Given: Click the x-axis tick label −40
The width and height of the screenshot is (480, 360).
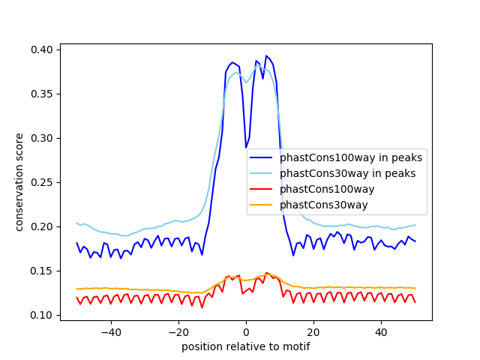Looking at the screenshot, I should (x=110, y=331).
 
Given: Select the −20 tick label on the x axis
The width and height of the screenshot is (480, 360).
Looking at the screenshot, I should (x=178, y=331).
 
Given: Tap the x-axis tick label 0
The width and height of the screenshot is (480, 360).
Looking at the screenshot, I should (x=246, y=331).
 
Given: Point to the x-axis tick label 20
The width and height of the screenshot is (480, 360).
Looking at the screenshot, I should (x=313, y=331).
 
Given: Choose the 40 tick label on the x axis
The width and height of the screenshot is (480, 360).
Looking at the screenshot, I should (x=381, y=331).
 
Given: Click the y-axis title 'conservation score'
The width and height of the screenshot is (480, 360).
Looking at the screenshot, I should (x=20, y=182).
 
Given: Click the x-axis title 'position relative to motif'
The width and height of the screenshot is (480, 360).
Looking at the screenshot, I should (x=246, y=346).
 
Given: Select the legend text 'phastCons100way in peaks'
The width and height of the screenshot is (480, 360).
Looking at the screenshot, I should (x=351, y=158).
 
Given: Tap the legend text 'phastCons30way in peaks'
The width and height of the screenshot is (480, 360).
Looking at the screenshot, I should (x=348, y=174).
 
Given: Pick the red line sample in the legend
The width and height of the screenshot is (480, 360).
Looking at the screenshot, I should (x=262, y=190).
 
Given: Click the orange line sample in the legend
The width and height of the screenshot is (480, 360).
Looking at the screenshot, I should (x=262, y=205).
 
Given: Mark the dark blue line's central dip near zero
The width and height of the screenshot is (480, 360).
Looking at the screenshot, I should (x=246, y=148).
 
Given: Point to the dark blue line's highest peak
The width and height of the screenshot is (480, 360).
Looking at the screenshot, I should (x=266, y=55).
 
